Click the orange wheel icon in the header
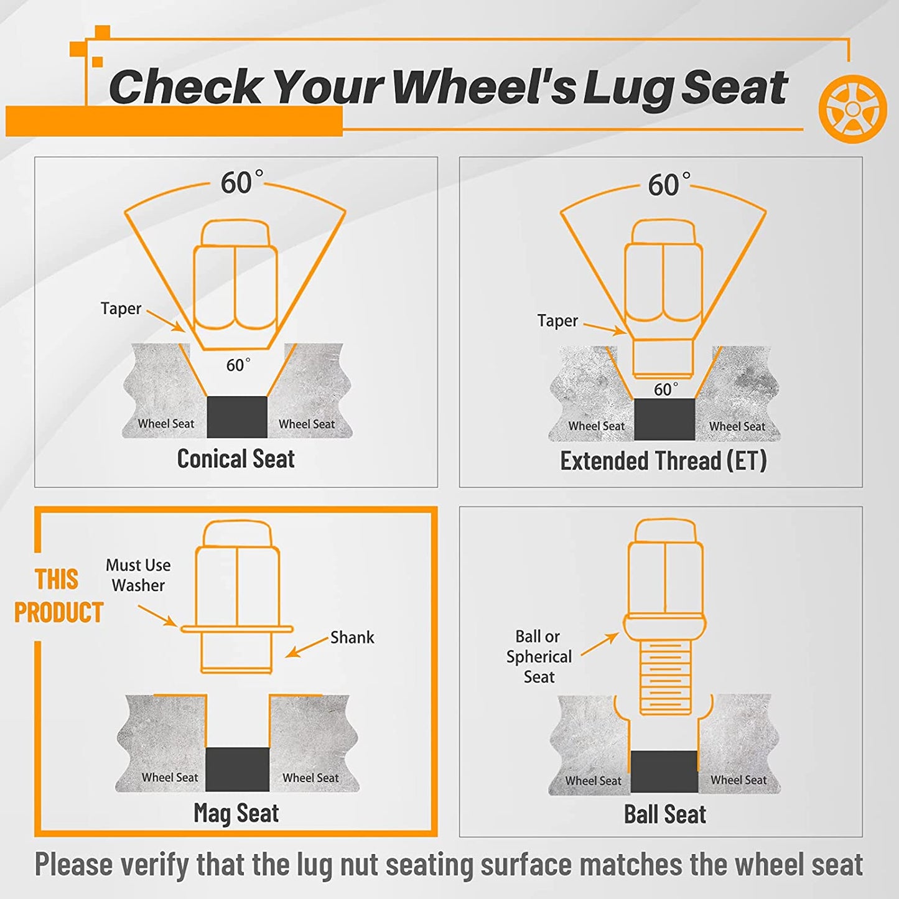852,108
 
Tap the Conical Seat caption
236,459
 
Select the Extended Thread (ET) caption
663,461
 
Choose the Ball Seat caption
665,814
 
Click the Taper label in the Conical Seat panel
121,309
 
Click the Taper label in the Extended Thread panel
557,321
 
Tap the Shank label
352,637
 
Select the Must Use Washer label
138,575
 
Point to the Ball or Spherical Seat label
539,656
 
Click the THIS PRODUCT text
58,596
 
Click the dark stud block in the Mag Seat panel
238,770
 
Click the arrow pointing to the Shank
307,648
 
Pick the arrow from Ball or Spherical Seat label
600,645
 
